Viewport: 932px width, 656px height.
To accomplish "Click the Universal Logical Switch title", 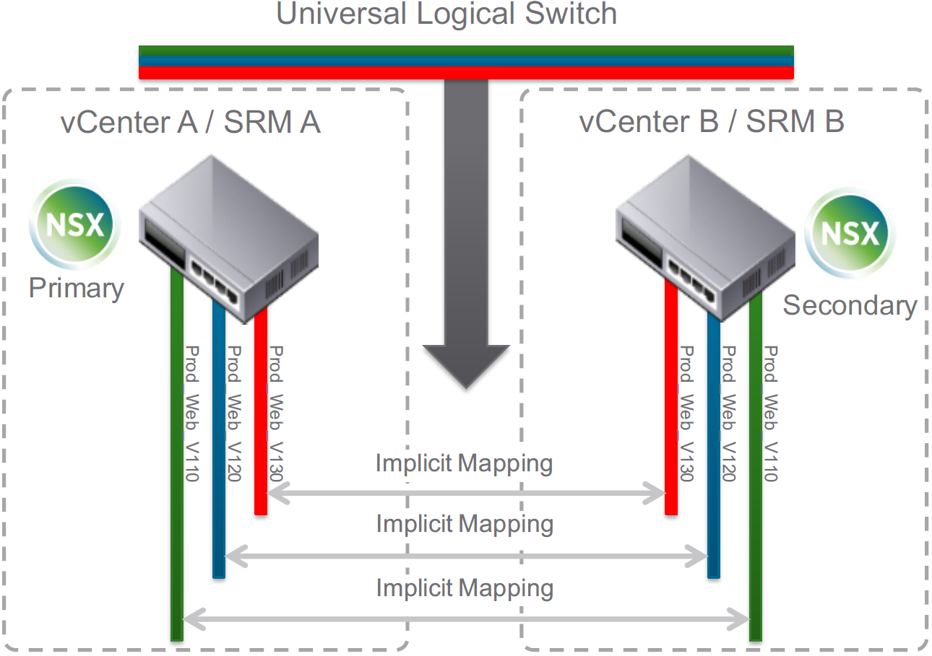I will click(446, 14).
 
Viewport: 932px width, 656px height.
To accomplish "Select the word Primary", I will click(77, 289).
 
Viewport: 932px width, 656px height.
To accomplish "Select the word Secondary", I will click(850, 305).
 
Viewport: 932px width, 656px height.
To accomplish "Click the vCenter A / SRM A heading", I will click(191, 123).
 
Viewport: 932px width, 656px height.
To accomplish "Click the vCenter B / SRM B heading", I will click(712, 123).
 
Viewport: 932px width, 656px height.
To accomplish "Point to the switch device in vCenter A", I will click(229, 239).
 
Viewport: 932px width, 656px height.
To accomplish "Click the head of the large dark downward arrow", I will click(466, 364).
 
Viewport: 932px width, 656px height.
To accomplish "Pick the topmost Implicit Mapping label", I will click(465, 463).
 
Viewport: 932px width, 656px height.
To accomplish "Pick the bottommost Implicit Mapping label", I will click(465, 588).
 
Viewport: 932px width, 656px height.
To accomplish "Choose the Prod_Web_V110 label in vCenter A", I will click(191, 414).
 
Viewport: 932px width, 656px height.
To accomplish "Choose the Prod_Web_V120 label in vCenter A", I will click(233, 414).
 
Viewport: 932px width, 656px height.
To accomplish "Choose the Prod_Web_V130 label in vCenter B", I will click(686, 414).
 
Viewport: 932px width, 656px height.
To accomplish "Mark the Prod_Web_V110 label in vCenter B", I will click(770, 414).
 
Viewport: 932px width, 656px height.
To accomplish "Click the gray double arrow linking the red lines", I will click(466, 494).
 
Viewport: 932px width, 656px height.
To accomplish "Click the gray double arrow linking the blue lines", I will click(466, 556).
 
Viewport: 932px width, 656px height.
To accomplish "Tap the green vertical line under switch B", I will click(756, 469).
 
